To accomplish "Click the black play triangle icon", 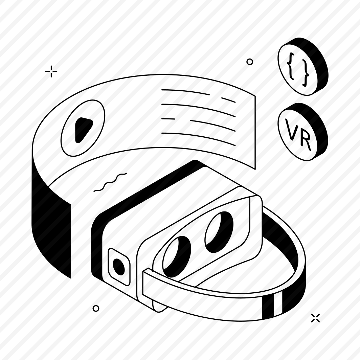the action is (83, 130).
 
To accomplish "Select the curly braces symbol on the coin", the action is (298, 69).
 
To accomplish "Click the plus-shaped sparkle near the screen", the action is (51, 71).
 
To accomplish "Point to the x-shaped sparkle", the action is (315, 318).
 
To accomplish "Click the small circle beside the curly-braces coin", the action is (250, 62).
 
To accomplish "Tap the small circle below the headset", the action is (96, 308).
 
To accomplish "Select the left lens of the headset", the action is (177, 256).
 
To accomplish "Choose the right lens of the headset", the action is (219, 232).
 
